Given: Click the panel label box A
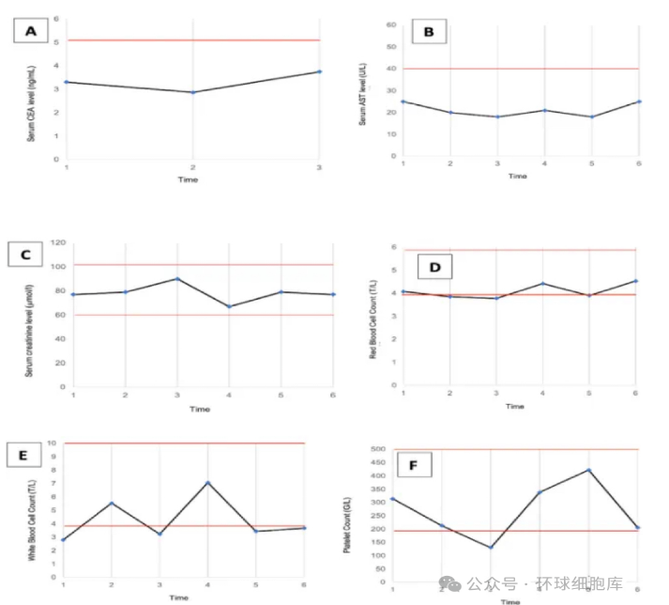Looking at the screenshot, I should (31, 32).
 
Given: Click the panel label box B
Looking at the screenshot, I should (429, 33).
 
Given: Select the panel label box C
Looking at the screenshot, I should (25, 255).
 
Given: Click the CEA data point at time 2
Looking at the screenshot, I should (193, 92).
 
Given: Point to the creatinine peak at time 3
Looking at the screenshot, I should (177, 279).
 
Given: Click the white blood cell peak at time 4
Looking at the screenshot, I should (207, 483).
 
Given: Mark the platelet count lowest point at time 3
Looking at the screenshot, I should (491, 548).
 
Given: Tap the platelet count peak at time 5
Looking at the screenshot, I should (588, 470).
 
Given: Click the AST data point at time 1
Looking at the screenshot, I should (403, 101).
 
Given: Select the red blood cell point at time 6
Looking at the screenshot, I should (636, 281).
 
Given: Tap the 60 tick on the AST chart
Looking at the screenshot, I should (389, 24).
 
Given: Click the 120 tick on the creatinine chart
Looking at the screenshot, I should (59, 241).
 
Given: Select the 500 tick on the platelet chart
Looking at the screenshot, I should (378, 449).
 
